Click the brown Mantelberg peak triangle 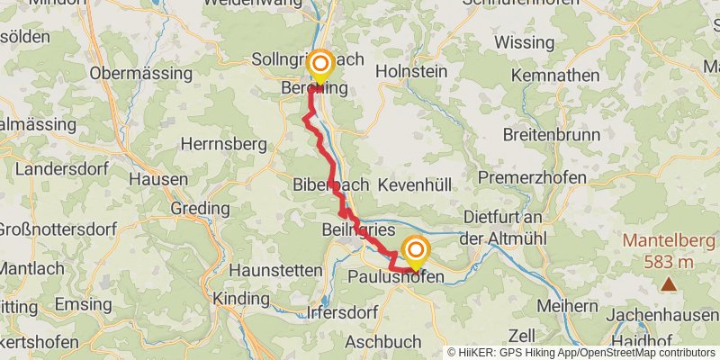(669, 285)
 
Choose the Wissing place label (524, 42)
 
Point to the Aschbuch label (383, 342)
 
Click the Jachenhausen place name (661, 316)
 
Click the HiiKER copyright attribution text (580, 353)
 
